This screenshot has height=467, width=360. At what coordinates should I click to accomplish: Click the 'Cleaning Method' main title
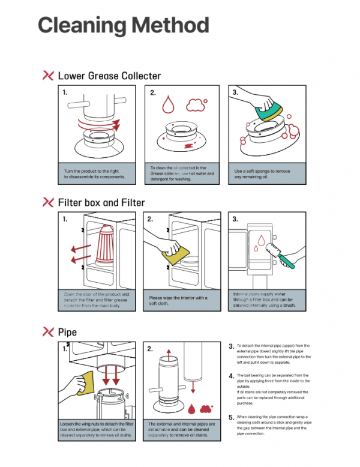tap(124, 25)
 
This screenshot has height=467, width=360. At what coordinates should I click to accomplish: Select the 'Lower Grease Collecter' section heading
tap(109, 76)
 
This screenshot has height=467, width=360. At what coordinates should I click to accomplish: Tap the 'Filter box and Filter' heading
tap(101, 202)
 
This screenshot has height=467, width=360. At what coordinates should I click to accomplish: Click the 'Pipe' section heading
tap(67, 331)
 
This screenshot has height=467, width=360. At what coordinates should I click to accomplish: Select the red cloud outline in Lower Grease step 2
tap(195, 106)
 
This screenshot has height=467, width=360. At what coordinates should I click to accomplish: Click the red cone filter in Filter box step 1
tap(109, 247)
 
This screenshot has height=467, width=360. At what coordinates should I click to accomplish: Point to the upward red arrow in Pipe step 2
tap(169, 359)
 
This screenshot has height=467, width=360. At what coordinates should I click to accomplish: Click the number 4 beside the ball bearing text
tap(232, 376)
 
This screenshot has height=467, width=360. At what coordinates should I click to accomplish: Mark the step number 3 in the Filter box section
tap(235, 220)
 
